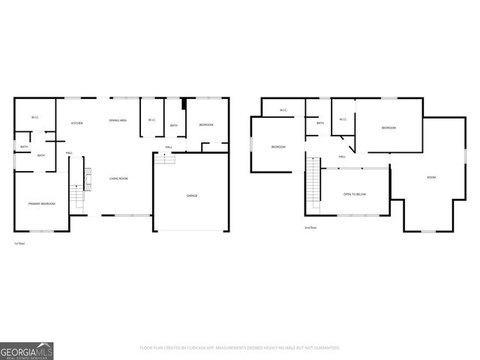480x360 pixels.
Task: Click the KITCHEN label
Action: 76,123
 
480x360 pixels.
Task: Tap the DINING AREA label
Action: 117,121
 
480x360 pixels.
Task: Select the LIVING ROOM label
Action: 118,178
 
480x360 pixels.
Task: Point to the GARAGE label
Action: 192,196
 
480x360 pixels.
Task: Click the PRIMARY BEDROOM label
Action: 40,204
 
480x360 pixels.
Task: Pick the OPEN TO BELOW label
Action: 355,194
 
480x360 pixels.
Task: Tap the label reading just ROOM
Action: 431,178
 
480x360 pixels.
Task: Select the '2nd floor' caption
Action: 310,227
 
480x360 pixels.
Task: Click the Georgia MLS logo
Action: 27,349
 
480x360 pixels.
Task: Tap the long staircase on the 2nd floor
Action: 313,187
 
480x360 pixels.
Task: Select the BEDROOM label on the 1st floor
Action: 205,124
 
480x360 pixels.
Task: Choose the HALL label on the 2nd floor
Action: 342,157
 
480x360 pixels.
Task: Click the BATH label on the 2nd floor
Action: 320,123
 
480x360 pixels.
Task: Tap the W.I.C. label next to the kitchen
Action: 35,118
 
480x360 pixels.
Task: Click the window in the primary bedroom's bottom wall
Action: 41,231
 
